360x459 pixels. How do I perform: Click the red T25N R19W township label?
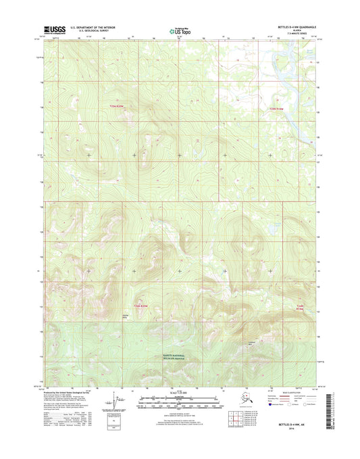click(270, 107)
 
